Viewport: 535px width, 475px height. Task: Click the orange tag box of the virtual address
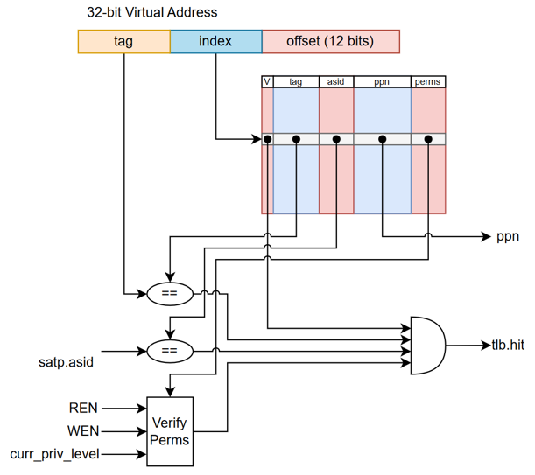click(123, 41)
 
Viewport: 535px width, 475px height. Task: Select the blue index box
click(215, 41)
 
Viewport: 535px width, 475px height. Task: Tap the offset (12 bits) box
click(330, 41)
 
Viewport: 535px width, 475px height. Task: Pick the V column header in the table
click(267, 82)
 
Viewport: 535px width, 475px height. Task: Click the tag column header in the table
click(295, 82)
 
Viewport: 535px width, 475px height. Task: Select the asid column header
click(336, 82)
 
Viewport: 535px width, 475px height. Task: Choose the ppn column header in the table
click(382, 82)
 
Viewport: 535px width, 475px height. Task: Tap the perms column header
click(428, 82)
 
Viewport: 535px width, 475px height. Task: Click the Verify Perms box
click(169, 430)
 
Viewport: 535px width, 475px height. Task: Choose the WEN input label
click(83, 430)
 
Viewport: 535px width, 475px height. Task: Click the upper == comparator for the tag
click(169, 294)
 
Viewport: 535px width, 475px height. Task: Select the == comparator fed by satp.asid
click(169, 352)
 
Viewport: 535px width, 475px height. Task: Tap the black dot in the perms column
click(428, 139)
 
